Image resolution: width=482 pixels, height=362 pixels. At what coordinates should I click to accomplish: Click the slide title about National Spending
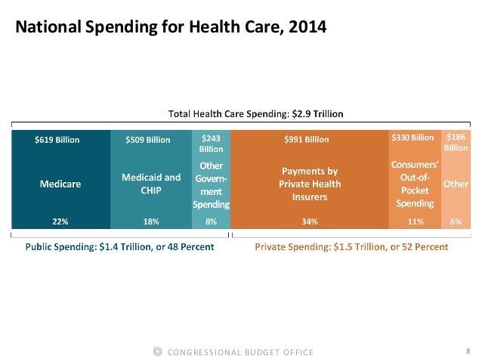[x=171, y=28]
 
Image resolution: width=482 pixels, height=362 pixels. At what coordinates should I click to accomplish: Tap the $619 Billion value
[x=57, y=139]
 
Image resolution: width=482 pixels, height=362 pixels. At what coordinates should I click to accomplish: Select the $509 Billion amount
[x=148, y=139]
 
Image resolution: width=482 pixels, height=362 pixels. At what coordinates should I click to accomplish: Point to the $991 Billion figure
[x=307, y=139]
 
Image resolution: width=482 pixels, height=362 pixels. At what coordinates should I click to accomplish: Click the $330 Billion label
[x=412, y=138]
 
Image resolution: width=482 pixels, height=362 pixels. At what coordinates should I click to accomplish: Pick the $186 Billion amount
[x=456, y=143]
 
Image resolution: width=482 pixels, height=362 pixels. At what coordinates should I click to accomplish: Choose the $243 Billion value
[x=211, y=143]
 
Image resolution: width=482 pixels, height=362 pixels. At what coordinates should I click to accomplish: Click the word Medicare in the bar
[x=61, y=184]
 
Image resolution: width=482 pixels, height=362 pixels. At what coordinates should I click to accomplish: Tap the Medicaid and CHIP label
[x=151, y=183]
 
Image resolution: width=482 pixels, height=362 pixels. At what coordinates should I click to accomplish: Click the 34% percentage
[x=309, y=222]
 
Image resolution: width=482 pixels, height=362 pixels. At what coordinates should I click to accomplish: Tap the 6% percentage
[x=456, y=222]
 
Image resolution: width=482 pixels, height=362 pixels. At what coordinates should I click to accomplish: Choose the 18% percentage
[x=151, y=222]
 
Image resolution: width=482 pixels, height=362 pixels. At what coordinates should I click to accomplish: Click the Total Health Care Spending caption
[x=255, y=114]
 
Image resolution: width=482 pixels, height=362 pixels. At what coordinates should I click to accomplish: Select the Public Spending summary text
[x=120, y=247]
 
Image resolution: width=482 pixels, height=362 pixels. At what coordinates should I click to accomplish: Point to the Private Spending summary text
[x=351, y=247]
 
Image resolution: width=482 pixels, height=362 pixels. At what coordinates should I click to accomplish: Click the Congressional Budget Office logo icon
[x=157, y=351]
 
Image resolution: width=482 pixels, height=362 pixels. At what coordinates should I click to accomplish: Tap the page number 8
[x=468, y=351]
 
